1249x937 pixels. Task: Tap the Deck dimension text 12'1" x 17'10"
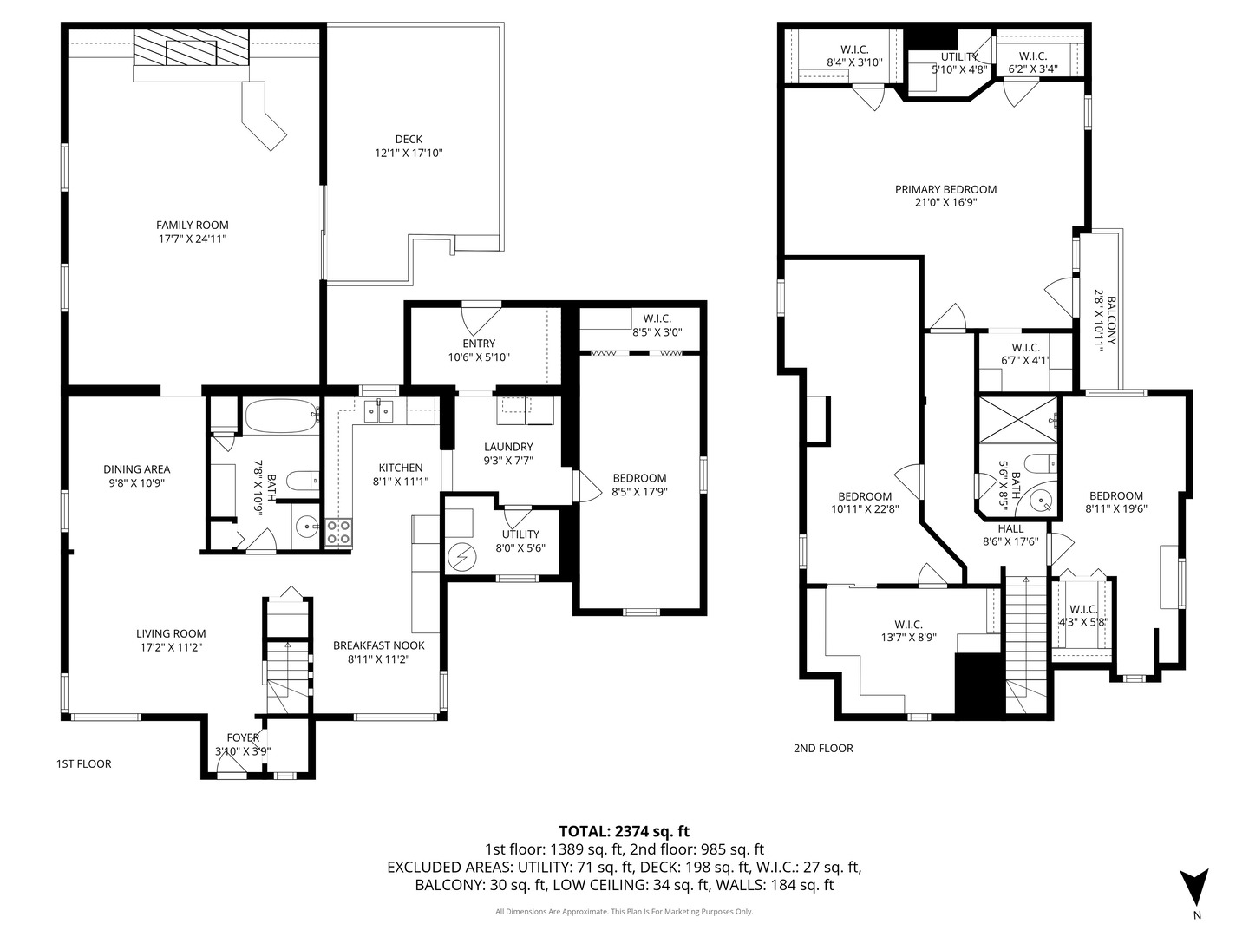point(409,154)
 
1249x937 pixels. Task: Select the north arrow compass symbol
point(1195,888)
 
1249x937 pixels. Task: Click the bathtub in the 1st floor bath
point(280,416)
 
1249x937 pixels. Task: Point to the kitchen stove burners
point(338,532)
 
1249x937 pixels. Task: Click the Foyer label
point(243,738)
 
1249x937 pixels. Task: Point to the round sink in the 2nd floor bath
point(1043,500)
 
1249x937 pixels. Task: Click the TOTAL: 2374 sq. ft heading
point(624,831)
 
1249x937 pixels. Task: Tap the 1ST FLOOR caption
point(83,764)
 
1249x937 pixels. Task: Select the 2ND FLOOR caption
point(823,748)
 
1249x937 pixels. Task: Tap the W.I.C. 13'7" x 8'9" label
point(908,631)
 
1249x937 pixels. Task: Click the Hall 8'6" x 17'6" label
point(1010,535)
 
